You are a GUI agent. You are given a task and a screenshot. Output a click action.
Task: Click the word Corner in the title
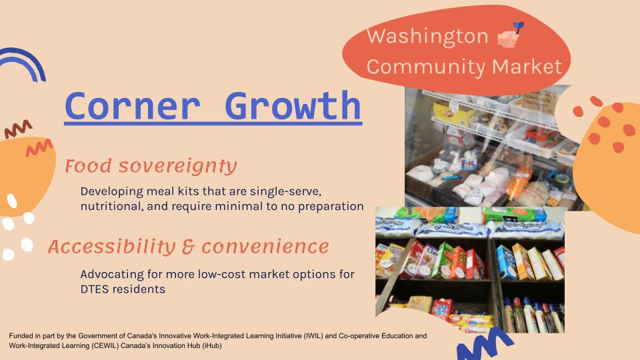point(132,106)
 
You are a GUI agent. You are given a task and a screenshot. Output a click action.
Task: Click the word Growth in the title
point(293,106)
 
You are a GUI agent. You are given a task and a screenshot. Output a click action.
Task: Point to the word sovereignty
point(177,167)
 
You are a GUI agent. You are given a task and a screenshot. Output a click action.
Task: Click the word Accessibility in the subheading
point(111,247)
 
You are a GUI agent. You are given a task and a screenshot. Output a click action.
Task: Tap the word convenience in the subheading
point(265,247)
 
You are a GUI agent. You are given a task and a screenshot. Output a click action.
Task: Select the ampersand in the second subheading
point(188,247)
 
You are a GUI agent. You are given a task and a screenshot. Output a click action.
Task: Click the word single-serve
point(285,191)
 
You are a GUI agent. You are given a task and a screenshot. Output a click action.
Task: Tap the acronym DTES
point(95,289)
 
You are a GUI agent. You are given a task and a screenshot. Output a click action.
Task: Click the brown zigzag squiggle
point(19,129)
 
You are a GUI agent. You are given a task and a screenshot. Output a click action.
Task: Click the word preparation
point(331,207)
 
